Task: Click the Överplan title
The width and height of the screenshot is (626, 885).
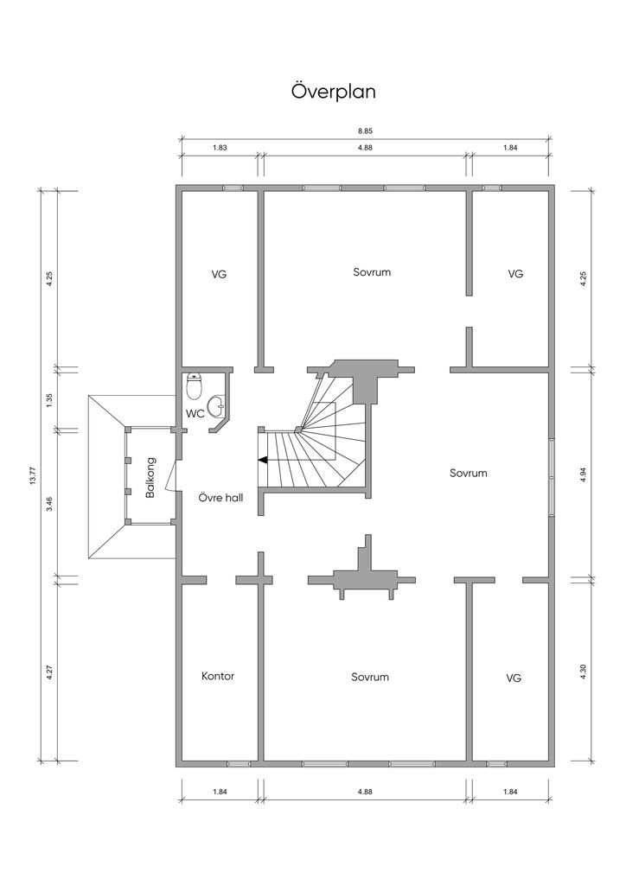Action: point(334,92)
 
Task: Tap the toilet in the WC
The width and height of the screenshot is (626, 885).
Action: point(195,385)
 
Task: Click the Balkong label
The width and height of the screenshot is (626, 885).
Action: point(150,477)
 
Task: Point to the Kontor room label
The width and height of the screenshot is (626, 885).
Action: point(218,676)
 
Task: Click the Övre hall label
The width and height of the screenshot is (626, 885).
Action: point(221,498)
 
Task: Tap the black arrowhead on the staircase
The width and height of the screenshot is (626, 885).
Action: point(263,460)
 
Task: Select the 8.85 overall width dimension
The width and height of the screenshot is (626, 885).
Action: point(366,131)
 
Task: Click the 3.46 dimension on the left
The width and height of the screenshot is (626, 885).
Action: point(49,504)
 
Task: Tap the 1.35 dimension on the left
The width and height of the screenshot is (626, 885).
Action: point(49,399)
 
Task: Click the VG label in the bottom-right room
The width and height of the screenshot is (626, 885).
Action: point(514,678)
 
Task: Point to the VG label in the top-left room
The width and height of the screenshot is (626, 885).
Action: point(219,274)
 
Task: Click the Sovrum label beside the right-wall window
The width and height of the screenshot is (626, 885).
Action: point(468,473)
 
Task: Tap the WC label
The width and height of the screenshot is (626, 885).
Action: point(195,414)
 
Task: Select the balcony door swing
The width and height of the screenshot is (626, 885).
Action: point(171,480)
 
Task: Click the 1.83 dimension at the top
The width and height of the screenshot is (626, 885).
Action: point(220,148)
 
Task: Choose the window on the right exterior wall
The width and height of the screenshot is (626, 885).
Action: point(552,477)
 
